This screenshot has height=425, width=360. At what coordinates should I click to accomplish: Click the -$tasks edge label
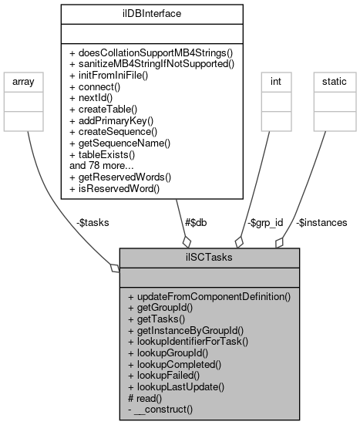[93, 222]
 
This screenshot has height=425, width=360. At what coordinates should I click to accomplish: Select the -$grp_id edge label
[264, 222]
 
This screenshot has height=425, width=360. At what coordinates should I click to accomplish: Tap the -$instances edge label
[321, 222]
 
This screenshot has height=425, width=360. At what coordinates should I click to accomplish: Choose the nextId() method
[98, 100]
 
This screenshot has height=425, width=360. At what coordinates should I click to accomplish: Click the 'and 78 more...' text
[103, 164]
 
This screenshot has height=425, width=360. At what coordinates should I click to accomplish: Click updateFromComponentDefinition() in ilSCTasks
[209, 296]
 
